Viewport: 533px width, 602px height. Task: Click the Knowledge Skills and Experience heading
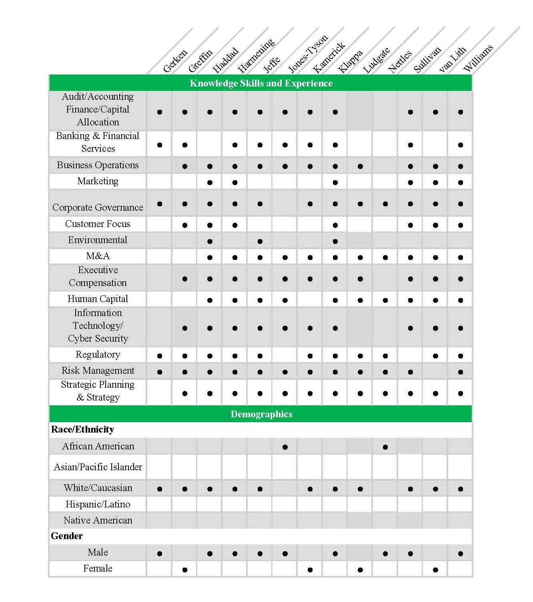coord(261,83)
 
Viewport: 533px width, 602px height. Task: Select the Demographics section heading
coord(261,414)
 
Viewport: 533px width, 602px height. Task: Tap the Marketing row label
coord(98,181)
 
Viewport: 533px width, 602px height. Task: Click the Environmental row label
coord(98,240)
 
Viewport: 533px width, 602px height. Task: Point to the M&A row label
coord(98,256)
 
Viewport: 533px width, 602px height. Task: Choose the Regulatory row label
coord(98,354)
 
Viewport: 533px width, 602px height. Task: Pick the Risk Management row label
coord(98,370)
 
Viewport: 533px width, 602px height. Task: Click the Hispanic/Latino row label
coord(98,504)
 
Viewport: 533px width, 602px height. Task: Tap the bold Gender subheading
coord(67,536)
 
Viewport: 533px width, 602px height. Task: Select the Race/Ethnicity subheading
coord(82,429)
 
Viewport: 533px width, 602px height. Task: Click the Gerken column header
coord(175,60)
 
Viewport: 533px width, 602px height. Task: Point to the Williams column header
coord(478,58)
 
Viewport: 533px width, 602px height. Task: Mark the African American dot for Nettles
coord(385,447)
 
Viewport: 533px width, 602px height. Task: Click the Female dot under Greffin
coord(185,570)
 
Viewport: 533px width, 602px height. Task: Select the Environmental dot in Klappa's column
coord(335,242)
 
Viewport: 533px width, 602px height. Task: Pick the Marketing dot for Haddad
coord(210,183)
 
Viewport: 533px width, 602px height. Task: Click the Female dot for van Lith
coord(435,570)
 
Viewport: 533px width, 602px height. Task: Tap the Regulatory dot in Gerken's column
coord(160,356)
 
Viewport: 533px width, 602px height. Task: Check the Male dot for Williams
coord(461,554)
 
